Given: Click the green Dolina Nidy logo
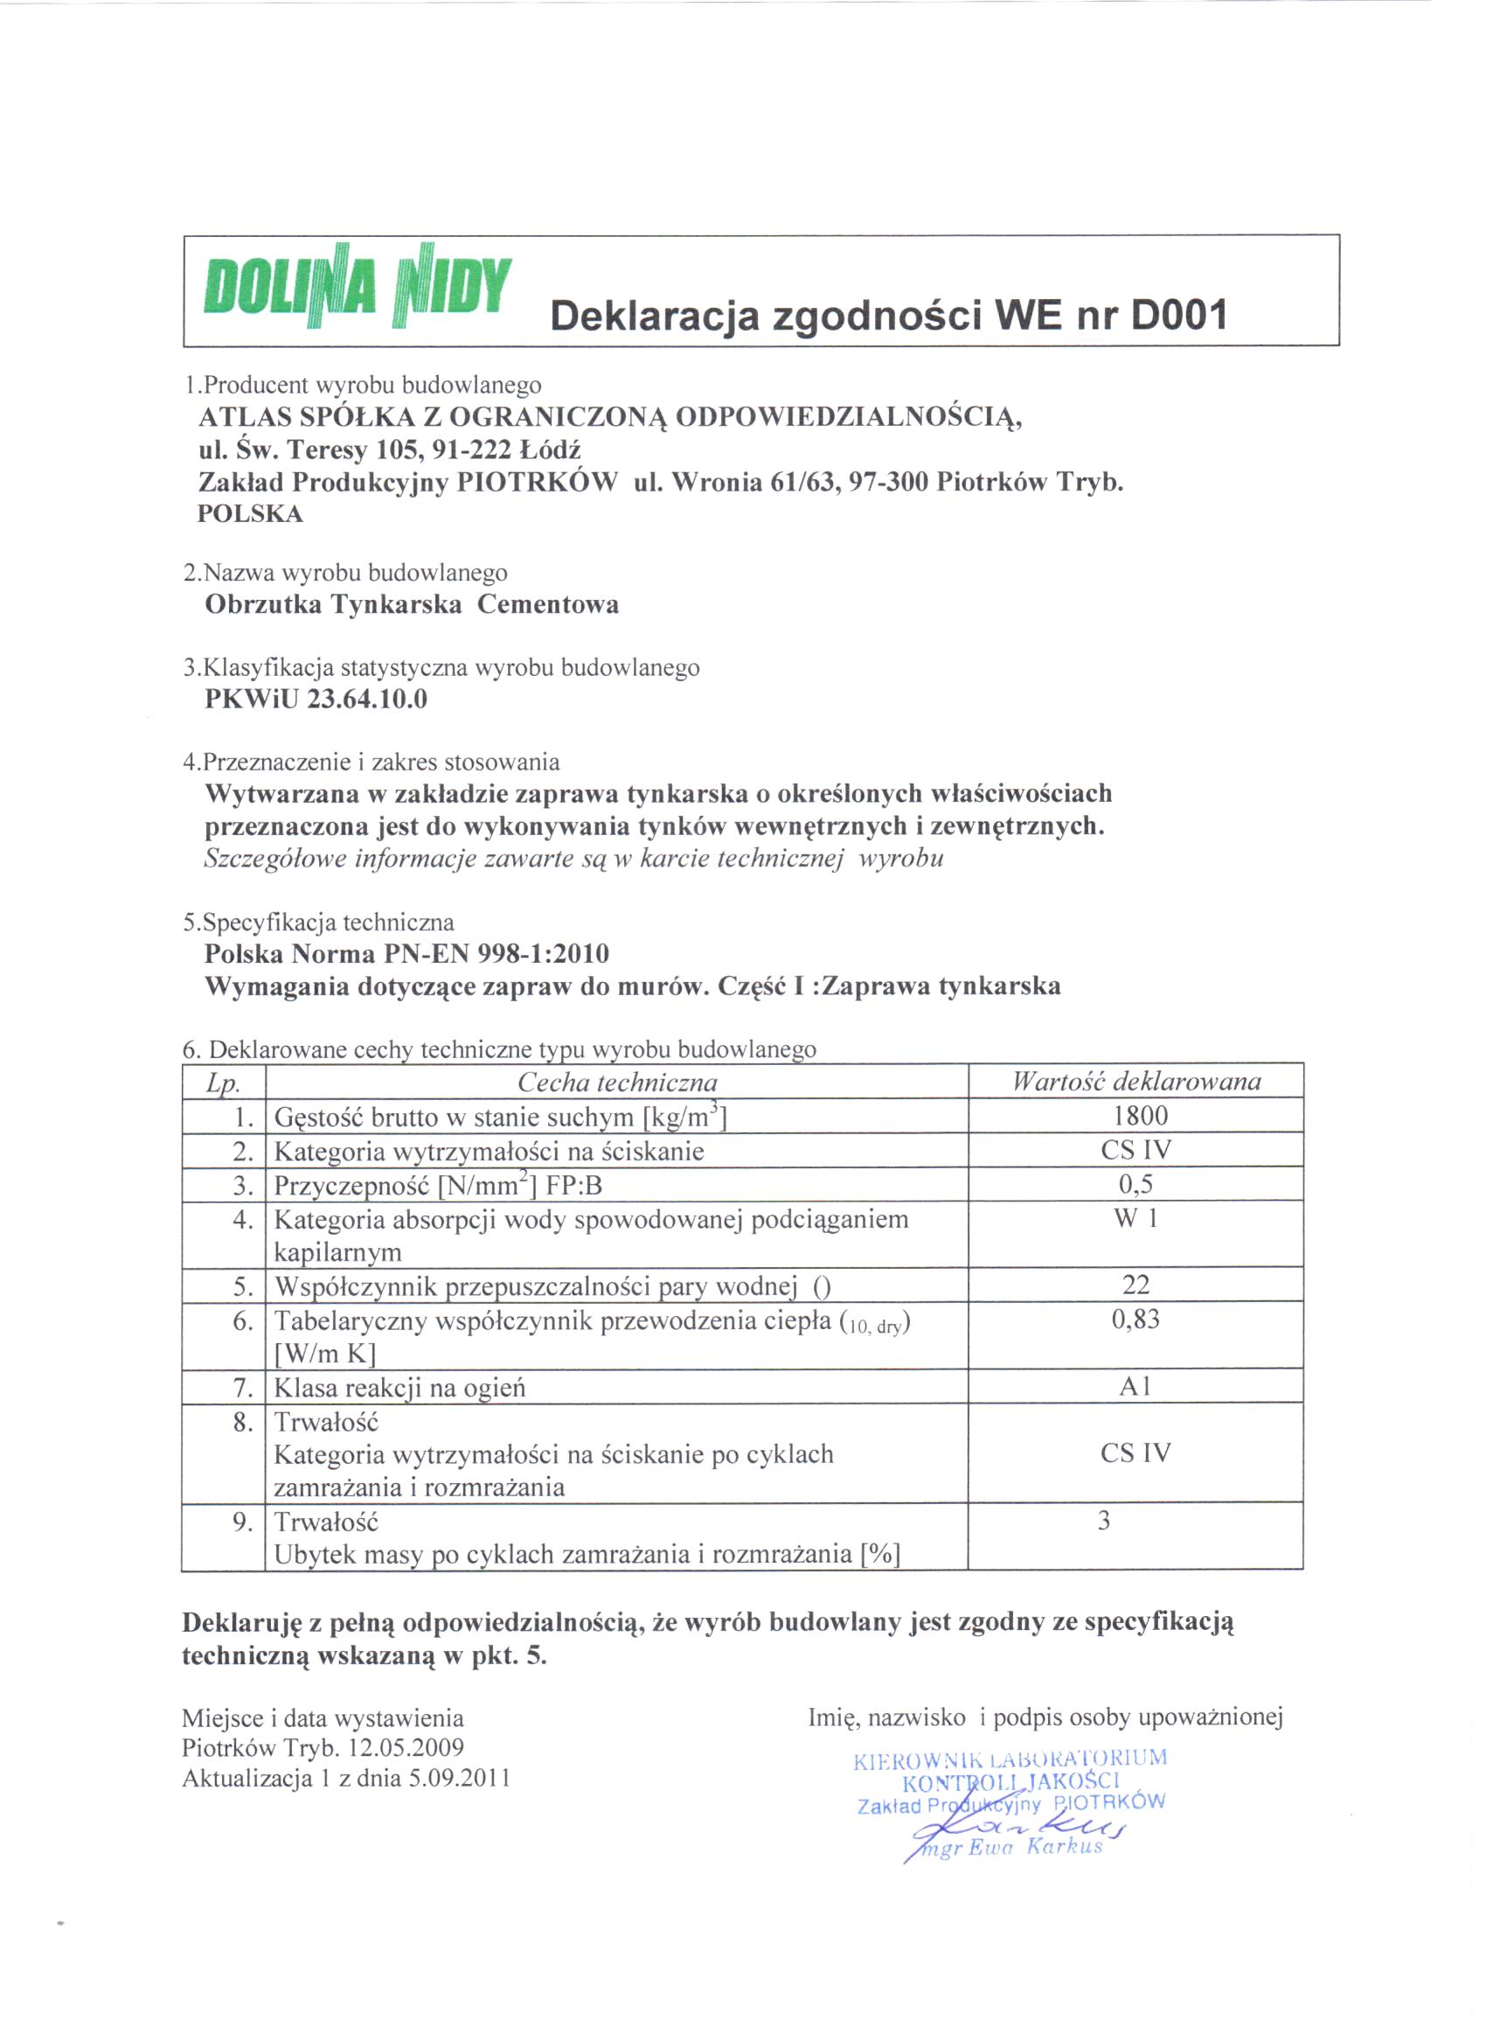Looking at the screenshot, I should tap(358, 287).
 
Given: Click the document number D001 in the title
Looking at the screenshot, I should tap(1178, 316).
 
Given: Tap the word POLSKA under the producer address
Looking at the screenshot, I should tap(250, 514).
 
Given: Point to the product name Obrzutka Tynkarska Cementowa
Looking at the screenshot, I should tap(412, 604).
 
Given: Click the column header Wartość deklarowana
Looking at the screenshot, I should tap(1136, 1082).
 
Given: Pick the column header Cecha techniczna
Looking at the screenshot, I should tap(617, 1083).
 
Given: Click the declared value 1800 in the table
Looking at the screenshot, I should tap(1140, 1117).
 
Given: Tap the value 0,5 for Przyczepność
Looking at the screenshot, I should tap(1136, 1185).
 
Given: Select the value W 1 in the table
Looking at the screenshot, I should tap(1136, 1219).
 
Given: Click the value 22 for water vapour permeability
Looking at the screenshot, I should tap(1136, 1285).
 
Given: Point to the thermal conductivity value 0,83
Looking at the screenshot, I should tap(1136, 1320).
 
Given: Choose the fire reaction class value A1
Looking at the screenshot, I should tap(1136, 1386).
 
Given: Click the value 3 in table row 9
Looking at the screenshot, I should tap(1104, 1522).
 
